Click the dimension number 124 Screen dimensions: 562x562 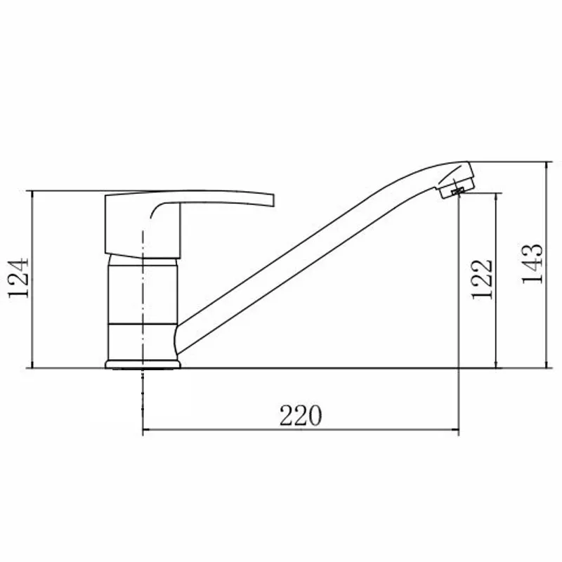[x=18, y=277]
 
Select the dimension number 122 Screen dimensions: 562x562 [x=482, y=279]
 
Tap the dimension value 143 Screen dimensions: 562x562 [x=532, y=263]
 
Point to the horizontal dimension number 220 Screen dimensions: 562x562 [x=301, y=416]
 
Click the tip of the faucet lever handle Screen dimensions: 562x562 [x=273, y=200]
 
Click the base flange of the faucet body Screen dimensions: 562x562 [x=143, y=364]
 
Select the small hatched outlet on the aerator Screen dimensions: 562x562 [x=457, y=191]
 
